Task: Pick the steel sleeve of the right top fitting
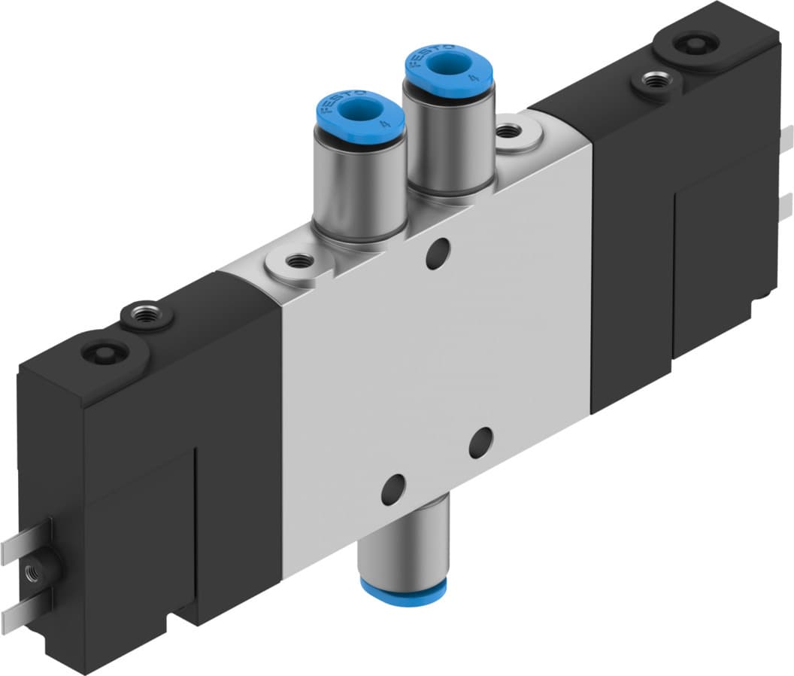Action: [x=448, y=143]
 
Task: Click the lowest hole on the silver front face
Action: [x=392, y=490]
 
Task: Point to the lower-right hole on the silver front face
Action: [x=480, y=443]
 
